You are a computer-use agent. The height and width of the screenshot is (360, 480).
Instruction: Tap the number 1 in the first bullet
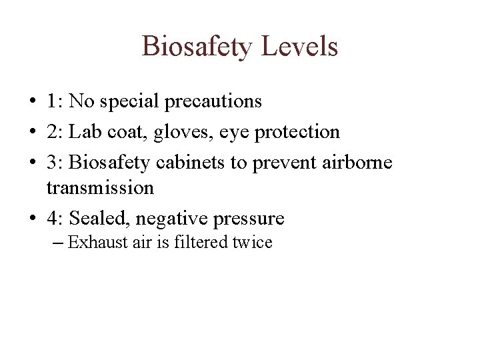tap(52, 101)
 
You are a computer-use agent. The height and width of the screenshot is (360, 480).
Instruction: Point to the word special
tap(129, 102)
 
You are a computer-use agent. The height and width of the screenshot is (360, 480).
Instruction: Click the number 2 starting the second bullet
tap(52, 132)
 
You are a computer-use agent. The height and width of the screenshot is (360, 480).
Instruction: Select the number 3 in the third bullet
tap(52, 162)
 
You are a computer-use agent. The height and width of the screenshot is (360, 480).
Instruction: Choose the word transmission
tap(100, 188)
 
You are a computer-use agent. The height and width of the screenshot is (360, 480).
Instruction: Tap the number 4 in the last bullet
tap(52, 218)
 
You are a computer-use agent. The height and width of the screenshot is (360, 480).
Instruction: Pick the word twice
tap(252, 242)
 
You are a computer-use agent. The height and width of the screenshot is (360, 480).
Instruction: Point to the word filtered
tap(201, 242)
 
